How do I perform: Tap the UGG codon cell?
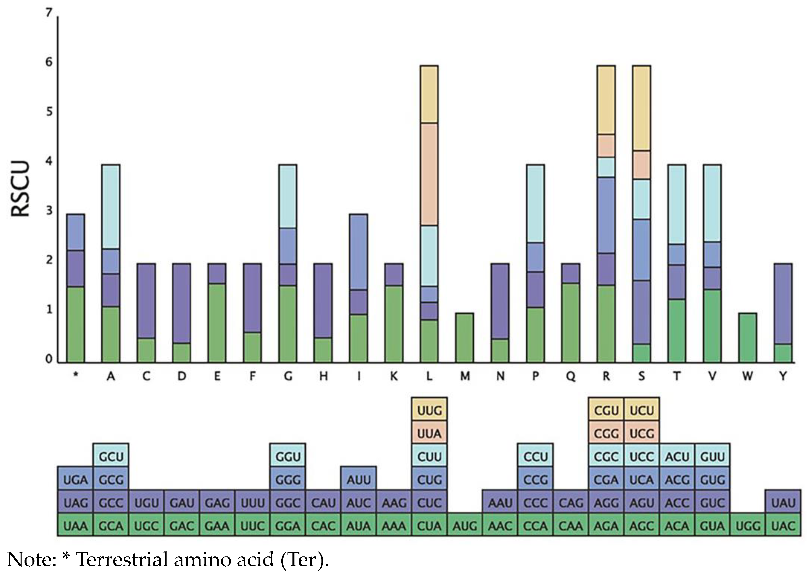748,526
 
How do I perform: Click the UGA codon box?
75,480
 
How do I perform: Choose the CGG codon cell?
606,434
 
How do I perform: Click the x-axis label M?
465,376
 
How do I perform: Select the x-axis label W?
748,376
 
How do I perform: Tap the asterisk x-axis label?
75,376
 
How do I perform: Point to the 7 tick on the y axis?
49,13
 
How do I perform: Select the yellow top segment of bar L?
429,94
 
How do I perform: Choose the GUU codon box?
712,457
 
